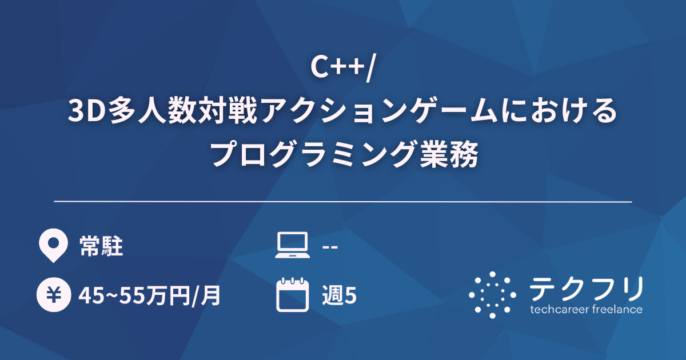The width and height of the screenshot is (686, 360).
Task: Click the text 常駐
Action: click(101, 247)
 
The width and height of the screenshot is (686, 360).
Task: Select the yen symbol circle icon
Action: click(53, 295)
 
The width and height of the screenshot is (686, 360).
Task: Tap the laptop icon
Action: click(292, 246)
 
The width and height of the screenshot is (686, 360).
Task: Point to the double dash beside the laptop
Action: click(330, 247)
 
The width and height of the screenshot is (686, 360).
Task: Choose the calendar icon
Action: click(292, 295)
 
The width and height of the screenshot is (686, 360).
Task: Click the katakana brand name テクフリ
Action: click(586, 289)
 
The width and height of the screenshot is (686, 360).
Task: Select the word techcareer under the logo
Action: click(560, 310)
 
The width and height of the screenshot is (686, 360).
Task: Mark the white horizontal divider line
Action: click(343, 202)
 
